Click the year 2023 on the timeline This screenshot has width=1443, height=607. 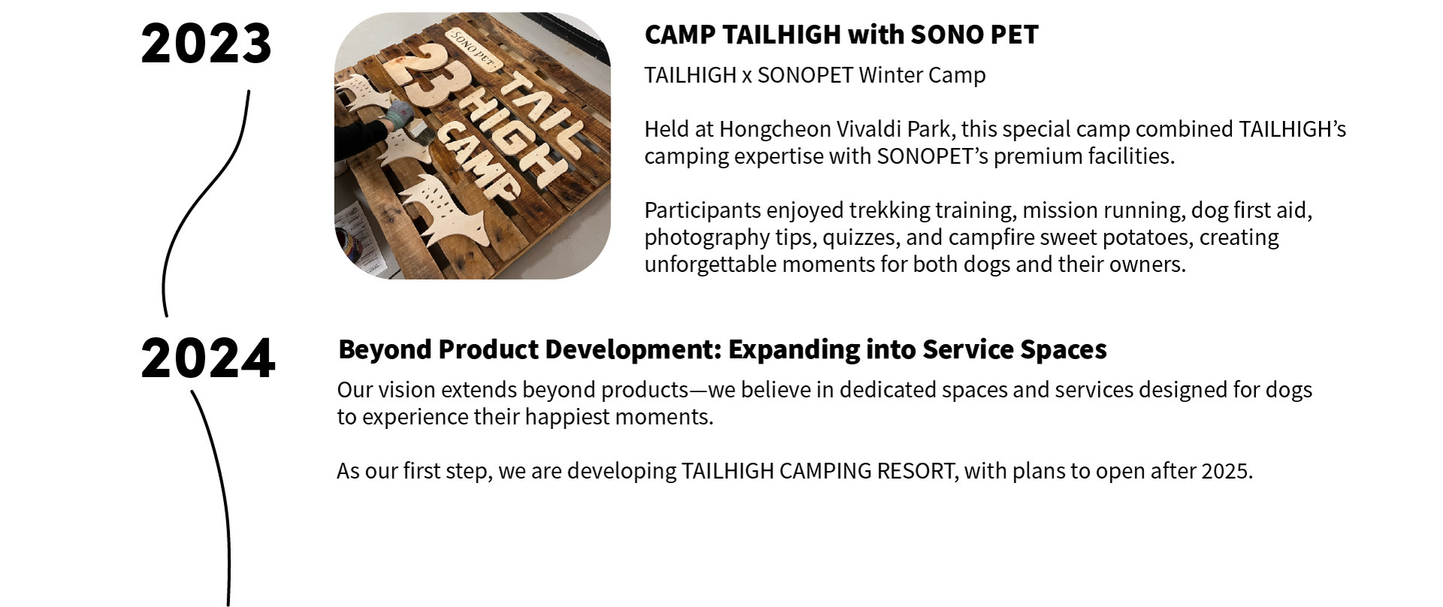tap(206, 44)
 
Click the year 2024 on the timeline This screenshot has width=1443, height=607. tap(207, 358)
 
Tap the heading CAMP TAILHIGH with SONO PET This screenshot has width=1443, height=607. tap(841, 35)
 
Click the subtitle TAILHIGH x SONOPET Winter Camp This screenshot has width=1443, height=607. tap(815, 75)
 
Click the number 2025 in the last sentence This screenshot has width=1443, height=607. tap(1227, 471)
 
